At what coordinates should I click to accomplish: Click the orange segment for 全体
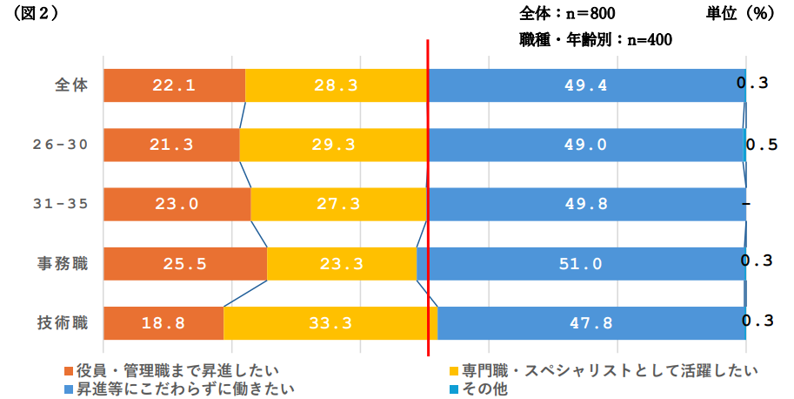(174, 85)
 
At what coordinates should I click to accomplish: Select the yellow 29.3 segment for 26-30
(333, 145)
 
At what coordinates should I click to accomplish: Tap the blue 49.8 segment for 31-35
(586, 204)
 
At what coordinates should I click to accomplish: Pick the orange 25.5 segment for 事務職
(184, 263)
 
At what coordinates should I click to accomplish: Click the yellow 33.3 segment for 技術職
(330, 322)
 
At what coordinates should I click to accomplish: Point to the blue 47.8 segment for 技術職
(591, 322)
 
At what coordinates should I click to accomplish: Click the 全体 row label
(70, 85)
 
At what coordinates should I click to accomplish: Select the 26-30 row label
(60, 145)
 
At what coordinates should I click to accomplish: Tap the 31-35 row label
(60, 204)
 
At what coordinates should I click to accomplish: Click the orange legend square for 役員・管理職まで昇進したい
(69, 371)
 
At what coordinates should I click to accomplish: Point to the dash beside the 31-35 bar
(747, 203)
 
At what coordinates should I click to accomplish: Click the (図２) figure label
(33, 14)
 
